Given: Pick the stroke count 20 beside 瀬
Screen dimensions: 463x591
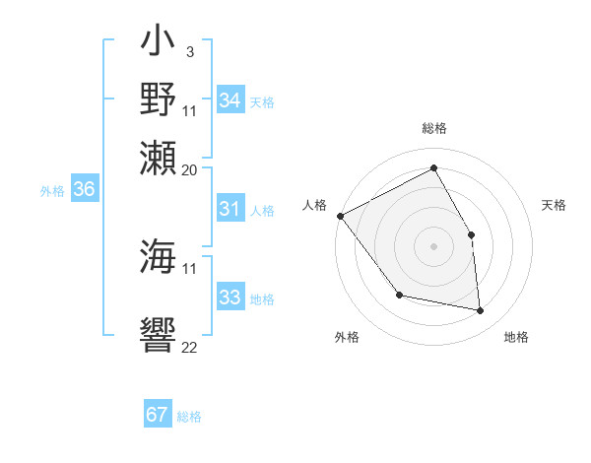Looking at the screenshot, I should coord(190,169).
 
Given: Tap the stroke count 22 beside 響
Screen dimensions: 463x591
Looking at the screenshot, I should coord(190,347).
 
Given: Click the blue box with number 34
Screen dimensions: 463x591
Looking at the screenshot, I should coord(230,100).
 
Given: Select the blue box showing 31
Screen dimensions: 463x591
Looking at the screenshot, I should coord(230,209).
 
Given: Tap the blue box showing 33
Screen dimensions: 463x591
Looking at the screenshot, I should coord(230,298).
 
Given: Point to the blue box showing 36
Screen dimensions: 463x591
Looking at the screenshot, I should coord(85,190).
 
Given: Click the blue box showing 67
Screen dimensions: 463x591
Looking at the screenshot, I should coord(158,415).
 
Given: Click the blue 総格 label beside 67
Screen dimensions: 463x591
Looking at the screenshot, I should coord(189,417).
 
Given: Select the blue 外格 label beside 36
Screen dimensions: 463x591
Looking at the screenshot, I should coord(52,191).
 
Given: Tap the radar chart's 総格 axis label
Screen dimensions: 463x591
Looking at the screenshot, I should coord(433,128).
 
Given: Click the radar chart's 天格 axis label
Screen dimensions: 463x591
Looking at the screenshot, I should coord(554,205).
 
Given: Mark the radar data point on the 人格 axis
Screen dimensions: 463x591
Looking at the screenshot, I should coord(340,216).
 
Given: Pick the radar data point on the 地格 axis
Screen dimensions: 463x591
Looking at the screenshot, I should coord(481,311).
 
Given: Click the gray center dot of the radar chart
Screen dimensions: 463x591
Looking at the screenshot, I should coord(433,245).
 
